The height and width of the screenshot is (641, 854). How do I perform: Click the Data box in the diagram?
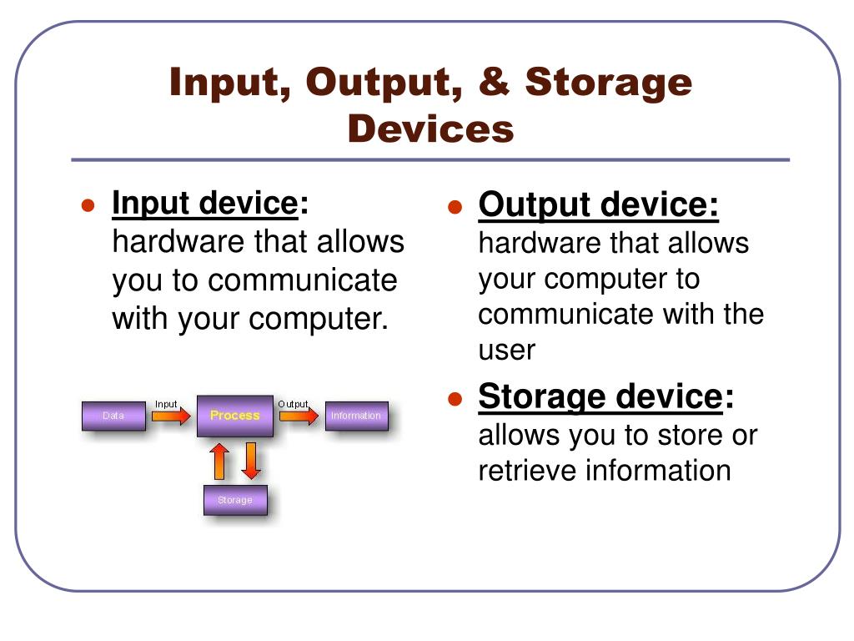tap(113, 416)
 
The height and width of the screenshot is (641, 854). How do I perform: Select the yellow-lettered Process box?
tap(234, 416)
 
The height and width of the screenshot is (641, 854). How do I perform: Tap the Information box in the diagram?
tap(356, 416)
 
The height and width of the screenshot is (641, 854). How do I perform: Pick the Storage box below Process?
tap(235, 500)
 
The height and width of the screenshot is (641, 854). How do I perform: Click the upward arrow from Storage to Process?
tap(219, 461)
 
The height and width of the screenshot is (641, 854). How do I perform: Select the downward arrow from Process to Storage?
tap(251, 461)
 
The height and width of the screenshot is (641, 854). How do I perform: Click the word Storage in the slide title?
tap(609, 83)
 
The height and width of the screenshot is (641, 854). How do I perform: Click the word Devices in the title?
tap(430, 129)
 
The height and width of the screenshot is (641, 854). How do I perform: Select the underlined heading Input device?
tap(204, 203)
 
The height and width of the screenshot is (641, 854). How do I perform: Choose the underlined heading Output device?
tap(598, 204)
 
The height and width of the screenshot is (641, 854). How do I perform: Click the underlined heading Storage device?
tap(600, 396)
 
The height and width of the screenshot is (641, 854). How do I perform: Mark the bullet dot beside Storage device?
tap(455, 399)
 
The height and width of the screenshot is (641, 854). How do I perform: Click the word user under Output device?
tap(506, 350)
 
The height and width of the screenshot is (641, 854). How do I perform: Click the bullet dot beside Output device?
tap(455, 207)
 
